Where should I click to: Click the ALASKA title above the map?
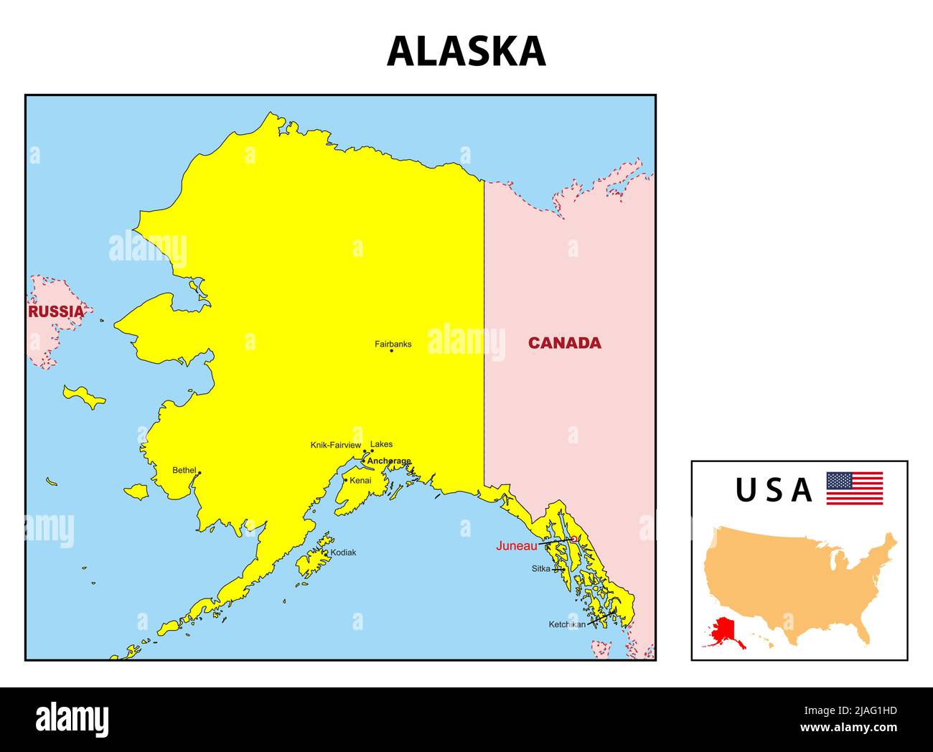tap(467, 52)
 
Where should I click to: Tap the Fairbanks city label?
tap(393, 344)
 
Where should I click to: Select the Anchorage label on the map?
tap(389, 461)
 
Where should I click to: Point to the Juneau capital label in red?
tap(516, 545)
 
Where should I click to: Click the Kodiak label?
tap(343, 553)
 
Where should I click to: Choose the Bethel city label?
tap(184, 470)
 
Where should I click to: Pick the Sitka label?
tap(540, 568)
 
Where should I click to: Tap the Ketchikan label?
tap(567, 624)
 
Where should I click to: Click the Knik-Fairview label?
tap(335, 445)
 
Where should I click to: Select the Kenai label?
tap(360, 480)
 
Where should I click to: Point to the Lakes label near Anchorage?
tap(381, 444)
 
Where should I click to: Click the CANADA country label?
tap(565, 343)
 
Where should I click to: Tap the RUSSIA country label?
tap(56, 311)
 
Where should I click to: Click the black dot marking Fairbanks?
tap(391, 350)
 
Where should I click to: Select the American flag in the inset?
tap(854, 488)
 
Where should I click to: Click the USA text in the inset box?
tap(774, 490)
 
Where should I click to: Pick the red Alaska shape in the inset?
tap(724, 631)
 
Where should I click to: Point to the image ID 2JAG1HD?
tap(868, 711)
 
